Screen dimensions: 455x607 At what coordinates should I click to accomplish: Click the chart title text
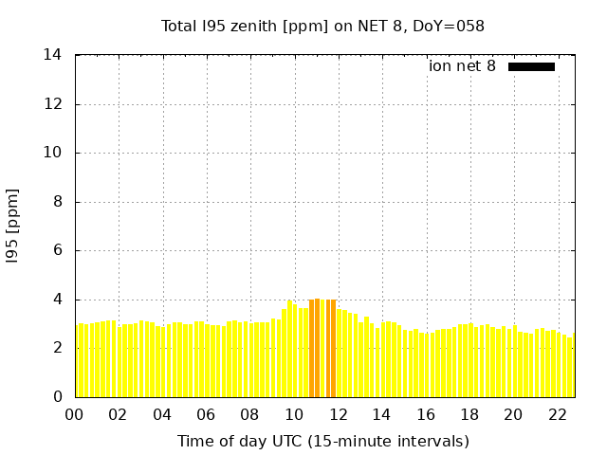point(322,27)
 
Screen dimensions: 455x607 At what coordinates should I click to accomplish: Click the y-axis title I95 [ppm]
point(13,227)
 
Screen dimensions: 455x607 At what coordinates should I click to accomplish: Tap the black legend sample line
point(531,66)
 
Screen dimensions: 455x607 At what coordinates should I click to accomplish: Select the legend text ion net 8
point(462,66)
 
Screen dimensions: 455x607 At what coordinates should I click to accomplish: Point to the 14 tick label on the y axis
point(53,55)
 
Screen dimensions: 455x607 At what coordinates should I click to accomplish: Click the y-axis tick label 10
point(53,153)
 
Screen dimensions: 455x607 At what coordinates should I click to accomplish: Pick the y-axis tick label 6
point(57,250)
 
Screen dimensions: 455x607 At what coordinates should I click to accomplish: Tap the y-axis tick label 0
point(57,397)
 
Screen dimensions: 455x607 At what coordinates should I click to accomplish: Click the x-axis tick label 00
point(75,415)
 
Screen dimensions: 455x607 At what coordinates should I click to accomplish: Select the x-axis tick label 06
point(206,415)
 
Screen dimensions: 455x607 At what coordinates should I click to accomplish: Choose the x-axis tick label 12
point(338,415)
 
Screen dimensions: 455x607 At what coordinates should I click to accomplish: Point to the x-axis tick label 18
point(469,415)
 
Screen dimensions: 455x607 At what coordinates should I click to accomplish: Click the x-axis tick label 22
point(557,415)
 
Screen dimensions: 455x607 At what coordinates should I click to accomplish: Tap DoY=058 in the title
point(450,27)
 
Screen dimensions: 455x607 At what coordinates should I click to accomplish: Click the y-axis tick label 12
point(53,104)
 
